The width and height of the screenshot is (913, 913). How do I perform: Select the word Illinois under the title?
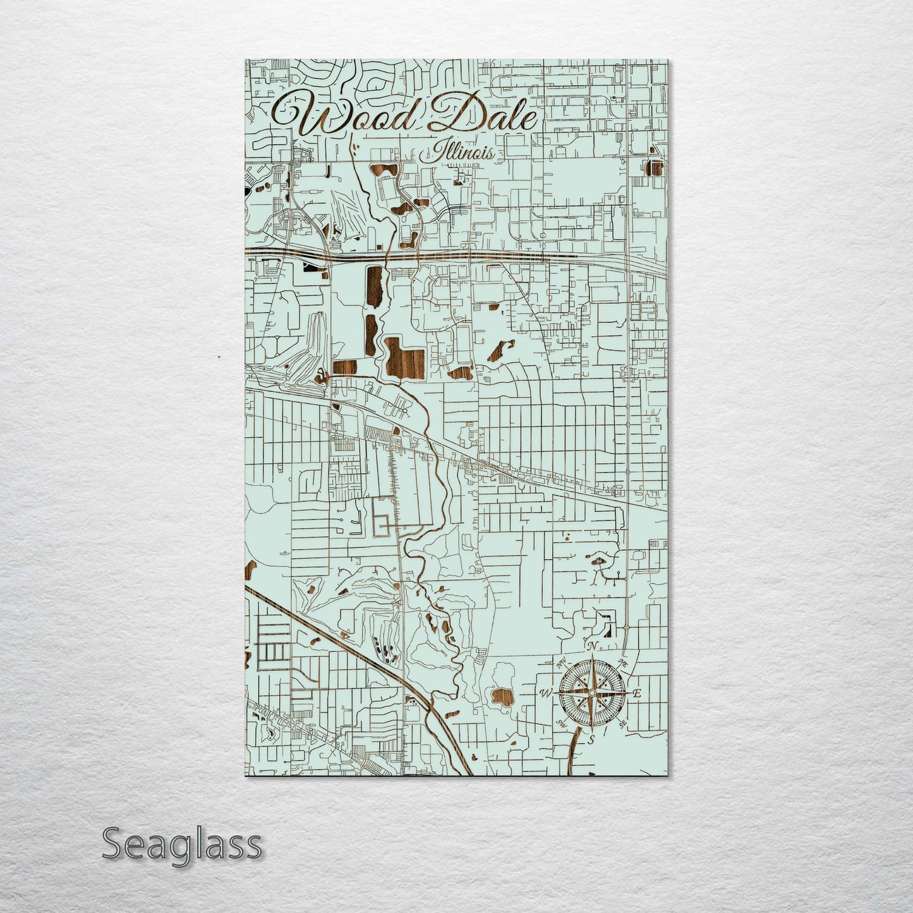pos(463,152)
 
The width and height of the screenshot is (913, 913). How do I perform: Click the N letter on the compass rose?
pos(592,646)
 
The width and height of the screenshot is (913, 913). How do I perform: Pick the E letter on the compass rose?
pos(637,694)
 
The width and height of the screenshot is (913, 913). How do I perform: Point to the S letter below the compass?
pos(591,739)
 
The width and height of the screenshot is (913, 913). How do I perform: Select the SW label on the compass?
pos(560,723)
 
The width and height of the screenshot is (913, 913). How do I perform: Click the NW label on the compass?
pos(560,663)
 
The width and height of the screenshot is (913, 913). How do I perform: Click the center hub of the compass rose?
pos(591,693)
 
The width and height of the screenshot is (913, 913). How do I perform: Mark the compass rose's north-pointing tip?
pos(592,657)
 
